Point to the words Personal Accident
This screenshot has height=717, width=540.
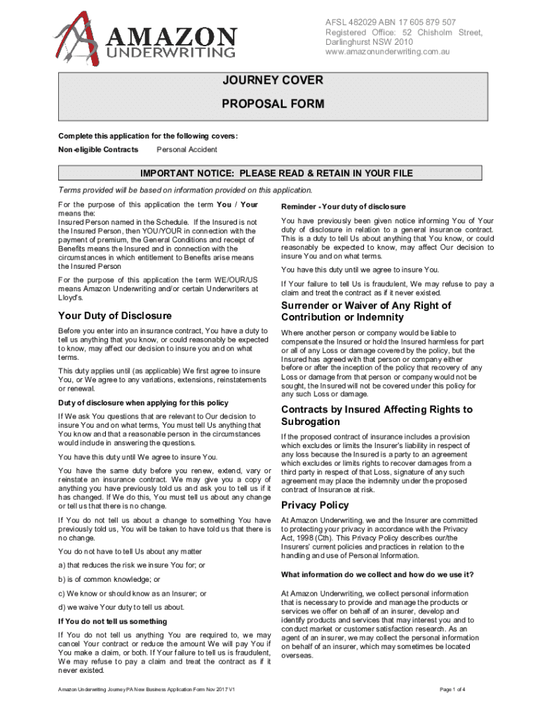[x=187, y=150]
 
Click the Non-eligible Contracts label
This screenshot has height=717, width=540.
[x=98, y=150]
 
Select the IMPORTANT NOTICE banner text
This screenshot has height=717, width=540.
[x=276, y=174]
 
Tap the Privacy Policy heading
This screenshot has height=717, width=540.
[x=314, y=505]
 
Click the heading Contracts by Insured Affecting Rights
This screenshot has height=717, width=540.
[x=377, y=410]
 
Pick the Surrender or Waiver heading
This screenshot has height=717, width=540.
[x=366, y=306]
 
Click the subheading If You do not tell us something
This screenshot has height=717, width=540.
[x=113, y=621]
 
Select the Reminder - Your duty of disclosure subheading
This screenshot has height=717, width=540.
[x=344, y=207]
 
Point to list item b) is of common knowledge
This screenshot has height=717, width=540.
[x=109, y=580]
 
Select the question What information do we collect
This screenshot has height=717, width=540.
[x=377, y=575]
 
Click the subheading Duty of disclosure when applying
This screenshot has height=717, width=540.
[x=143, y=403]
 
